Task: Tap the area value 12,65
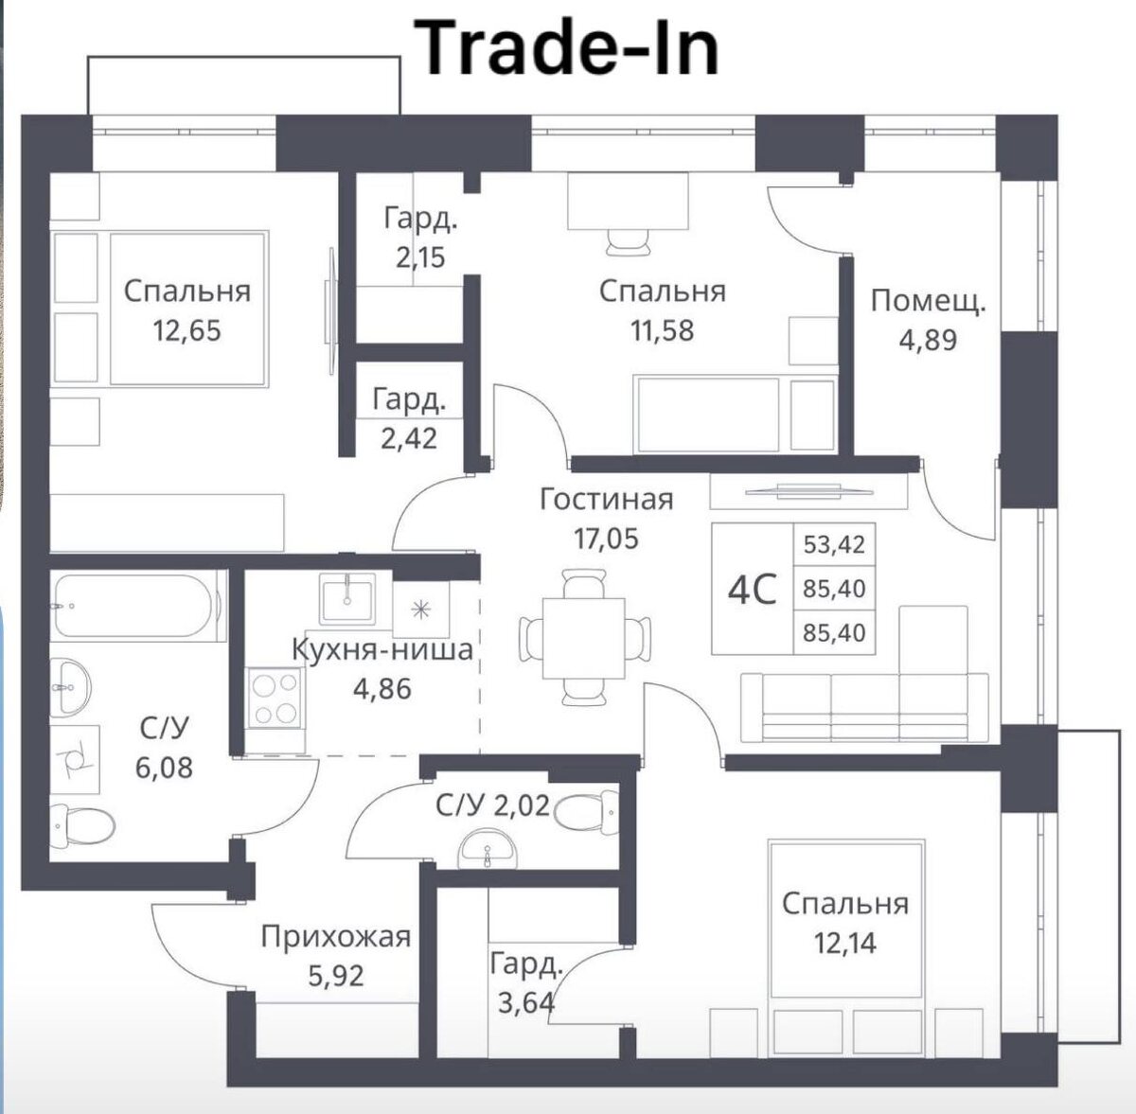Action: (x=186, y=330)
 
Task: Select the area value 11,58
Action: (x=662, y=330)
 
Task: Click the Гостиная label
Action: (x=606, y=499)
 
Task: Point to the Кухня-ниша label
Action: (x=382, y=649)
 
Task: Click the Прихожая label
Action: (x=336, y=937)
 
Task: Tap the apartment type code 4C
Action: (x=752, y=590)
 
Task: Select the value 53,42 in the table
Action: (x=834, y=545)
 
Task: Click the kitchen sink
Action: (x=346, y=598)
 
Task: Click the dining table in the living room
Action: (x=583, y=637)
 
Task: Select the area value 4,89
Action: (x=928, y=340)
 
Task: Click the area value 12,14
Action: (x=844, y=943)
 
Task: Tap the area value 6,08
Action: (x=164, y=767)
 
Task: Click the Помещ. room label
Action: (x=928, y=302)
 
